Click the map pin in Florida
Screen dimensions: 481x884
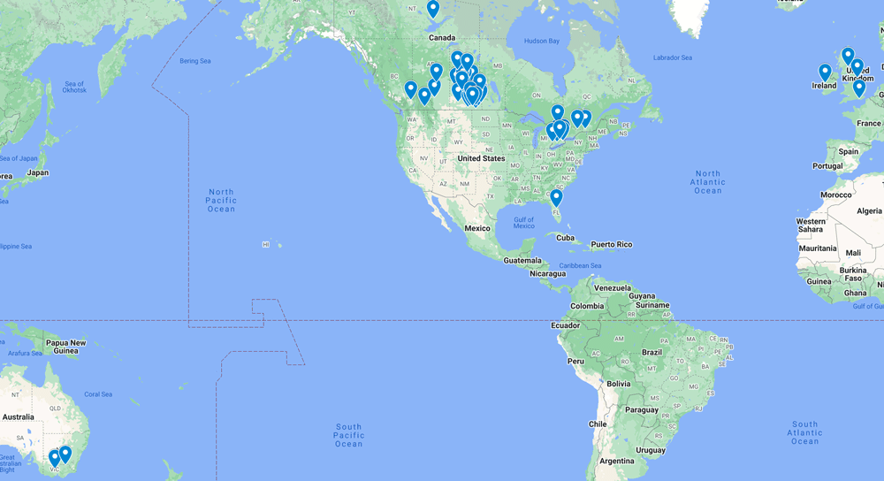pyautogui.click(x=556, y=198)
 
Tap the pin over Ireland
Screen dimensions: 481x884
pyautogui.click(x=825, y=73)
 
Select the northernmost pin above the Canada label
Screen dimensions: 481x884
pyautogui.click(x=432, y=9)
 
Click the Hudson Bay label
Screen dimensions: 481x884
pyautogui.click(x=542, y=42)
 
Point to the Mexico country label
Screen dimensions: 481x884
pyautogui.click(x=477, y=228)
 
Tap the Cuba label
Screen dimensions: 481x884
pyautogui.click(x=565, y=238)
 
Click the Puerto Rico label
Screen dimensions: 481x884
pyautogui.click(x=612, y=244)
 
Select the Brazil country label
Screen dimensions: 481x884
pyautogui.click(x=652, y=352)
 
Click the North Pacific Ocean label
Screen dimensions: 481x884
pyautogui.click(x=221, y=200)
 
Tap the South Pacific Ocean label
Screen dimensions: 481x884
pyautogui.click(x=349, y=435)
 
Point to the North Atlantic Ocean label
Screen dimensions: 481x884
pyautogui.click(x=708, y=182)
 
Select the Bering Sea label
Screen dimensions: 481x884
pyautogui.click(x=195, y=61)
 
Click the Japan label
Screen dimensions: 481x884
pyautogui.click(x=38, y=172)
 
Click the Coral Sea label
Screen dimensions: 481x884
pyautogui.click(x=98, y=394)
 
